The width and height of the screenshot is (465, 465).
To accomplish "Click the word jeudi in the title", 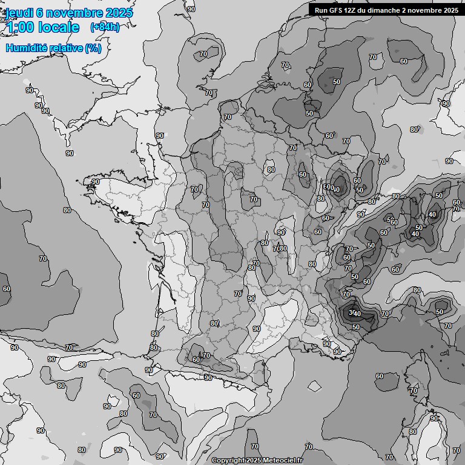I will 19,13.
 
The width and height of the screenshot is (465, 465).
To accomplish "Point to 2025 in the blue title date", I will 119,13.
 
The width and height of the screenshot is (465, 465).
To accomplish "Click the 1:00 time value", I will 20,27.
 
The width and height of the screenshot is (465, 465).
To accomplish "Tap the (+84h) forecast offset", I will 104,27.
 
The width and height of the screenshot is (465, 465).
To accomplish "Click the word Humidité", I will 27,48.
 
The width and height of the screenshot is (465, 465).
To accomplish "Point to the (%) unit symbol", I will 93,48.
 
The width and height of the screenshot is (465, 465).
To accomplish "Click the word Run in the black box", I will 322,10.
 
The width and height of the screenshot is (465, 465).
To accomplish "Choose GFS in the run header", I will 337,10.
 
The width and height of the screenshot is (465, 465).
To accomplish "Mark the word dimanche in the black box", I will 387,10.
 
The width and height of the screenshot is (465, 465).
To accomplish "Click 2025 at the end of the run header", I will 451,10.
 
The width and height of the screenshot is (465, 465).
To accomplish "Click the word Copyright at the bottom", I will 228,461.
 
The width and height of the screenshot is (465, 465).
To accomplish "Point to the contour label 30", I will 352,312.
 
